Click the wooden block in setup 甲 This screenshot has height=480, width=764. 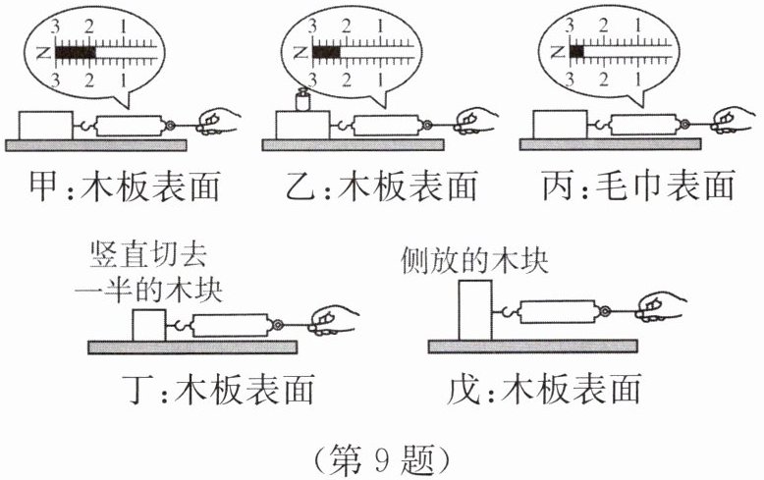pyautogui.click(x=46, y=126)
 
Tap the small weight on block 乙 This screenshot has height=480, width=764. pyautogui.click(x=303, y=100)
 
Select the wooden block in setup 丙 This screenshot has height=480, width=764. pyautogui.click(x=561, y=125)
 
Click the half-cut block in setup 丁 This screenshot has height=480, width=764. pyautogui.click(x=149, y=325)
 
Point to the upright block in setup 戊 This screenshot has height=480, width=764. pyautogui.click(x=475, y=310)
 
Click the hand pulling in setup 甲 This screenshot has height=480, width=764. pyautogui.click(x=218, y=122)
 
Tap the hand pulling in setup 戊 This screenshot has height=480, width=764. pyautogui.click(x=660, y=306)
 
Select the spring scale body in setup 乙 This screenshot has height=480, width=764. pyautogui.click(x=386, y=126)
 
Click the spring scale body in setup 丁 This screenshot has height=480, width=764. pyautogui.click(x=231, y=325)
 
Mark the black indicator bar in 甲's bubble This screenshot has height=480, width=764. pyautogui.click(x=76, y=52)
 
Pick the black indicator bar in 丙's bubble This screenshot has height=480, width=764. pyautogui.click(x=576, y=51)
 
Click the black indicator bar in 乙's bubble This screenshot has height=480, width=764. pyautogui.click(x=326, y=52)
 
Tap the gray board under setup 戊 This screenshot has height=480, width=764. pyautogui.click(x=532, y=347)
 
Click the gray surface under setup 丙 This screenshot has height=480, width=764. pyautogui.click(x=610, y=144)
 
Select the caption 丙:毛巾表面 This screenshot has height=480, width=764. pyautogui.click(x=638, y=186)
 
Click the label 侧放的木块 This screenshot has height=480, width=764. pyautogui.click(x=474, y=261)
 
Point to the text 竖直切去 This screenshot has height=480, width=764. pyautogui.click(x=148, y=254)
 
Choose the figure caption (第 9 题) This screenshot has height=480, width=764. pyautogui.click(x=382, y=459)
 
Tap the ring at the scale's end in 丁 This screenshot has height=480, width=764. pyautogui.click(x=278, y=325)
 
